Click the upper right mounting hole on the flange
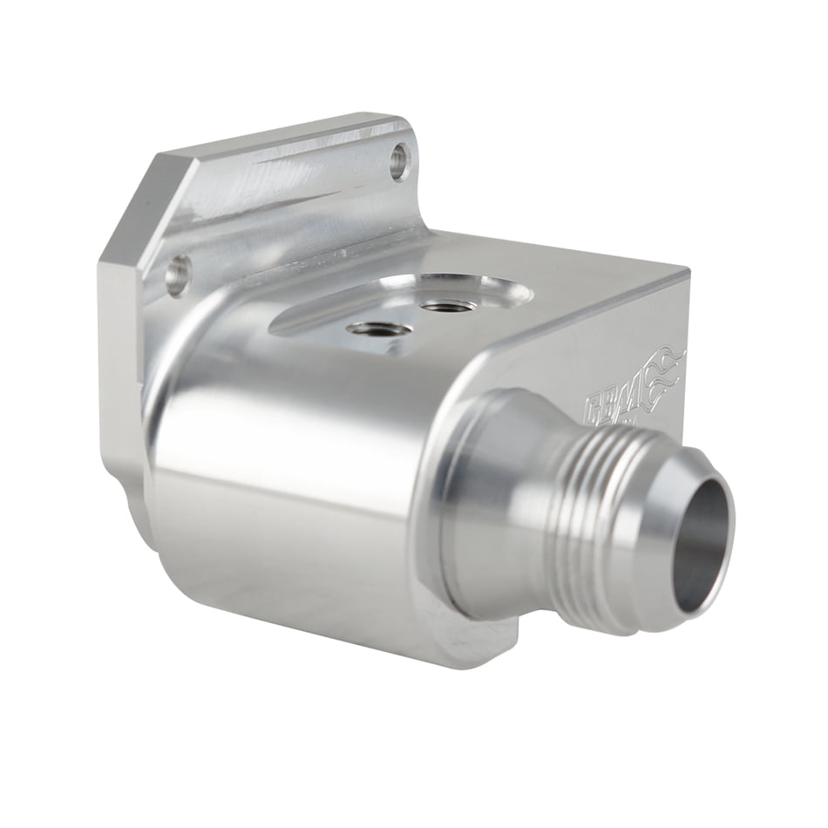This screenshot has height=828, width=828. point(399,160)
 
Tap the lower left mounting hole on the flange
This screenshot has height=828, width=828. point(177,275)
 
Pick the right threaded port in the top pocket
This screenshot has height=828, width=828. point(447,306)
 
